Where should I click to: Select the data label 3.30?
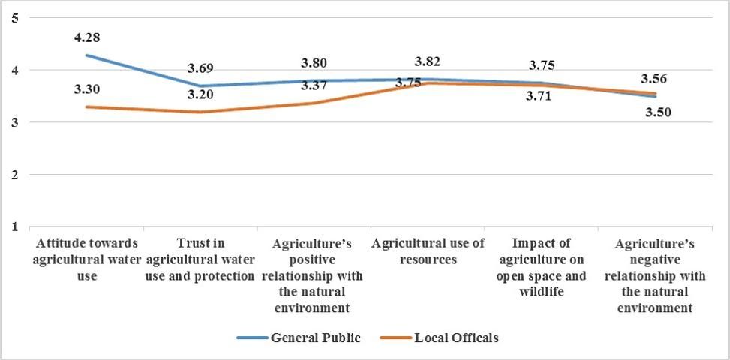tap(88, 89)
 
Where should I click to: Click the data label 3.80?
tap(314, 62)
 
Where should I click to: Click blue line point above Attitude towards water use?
tap(88, 55)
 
